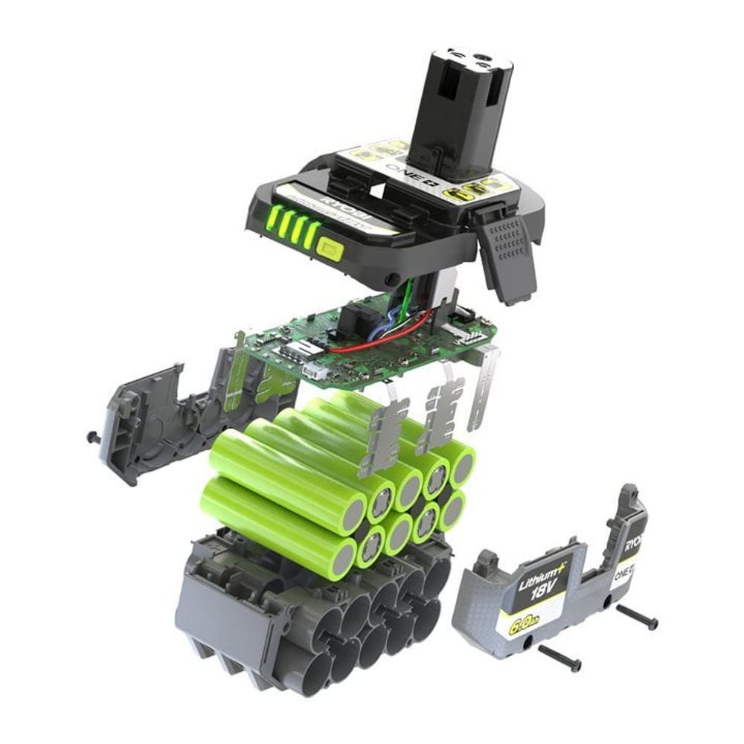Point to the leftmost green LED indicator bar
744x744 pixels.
pos(273,219)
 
